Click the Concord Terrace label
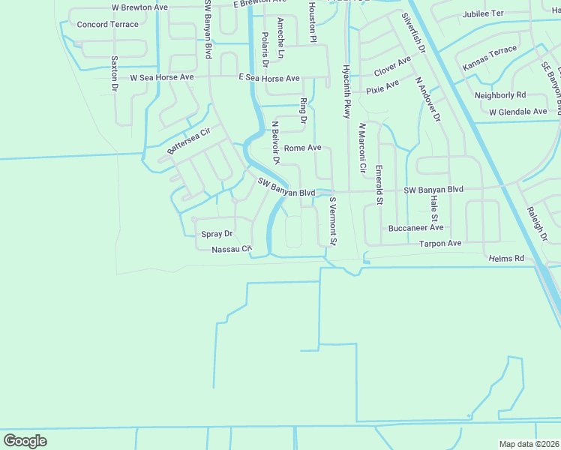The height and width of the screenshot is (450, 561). [x=108, y=25]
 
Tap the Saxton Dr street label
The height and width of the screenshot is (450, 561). [x=115, y=73]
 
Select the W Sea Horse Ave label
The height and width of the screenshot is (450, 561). [x=162, y=77]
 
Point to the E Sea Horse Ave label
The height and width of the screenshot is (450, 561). [x=269, y=78]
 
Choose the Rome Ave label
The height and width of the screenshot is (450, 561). [x=302, y=148]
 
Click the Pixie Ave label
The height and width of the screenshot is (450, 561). [x=382, y=88]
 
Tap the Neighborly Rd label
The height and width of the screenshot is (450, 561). [x=500, y=95]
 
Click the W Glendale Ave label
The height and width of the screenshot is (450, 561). [x=518, y=112]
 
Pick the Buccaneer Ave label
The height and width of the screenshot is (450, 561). [x=416, y=228]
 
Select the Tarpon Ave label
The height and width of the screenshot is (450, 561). [x=440, y=244]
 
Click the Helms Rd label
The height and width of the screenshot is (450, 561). [x=506, y=259]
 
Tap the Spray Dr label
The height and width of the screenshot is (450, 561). [x=217, y=234]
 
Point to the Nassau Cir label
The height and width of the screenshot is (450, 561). [x=230, y=250]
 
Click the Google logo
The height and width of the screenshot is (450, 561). [x=25, y=440]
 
